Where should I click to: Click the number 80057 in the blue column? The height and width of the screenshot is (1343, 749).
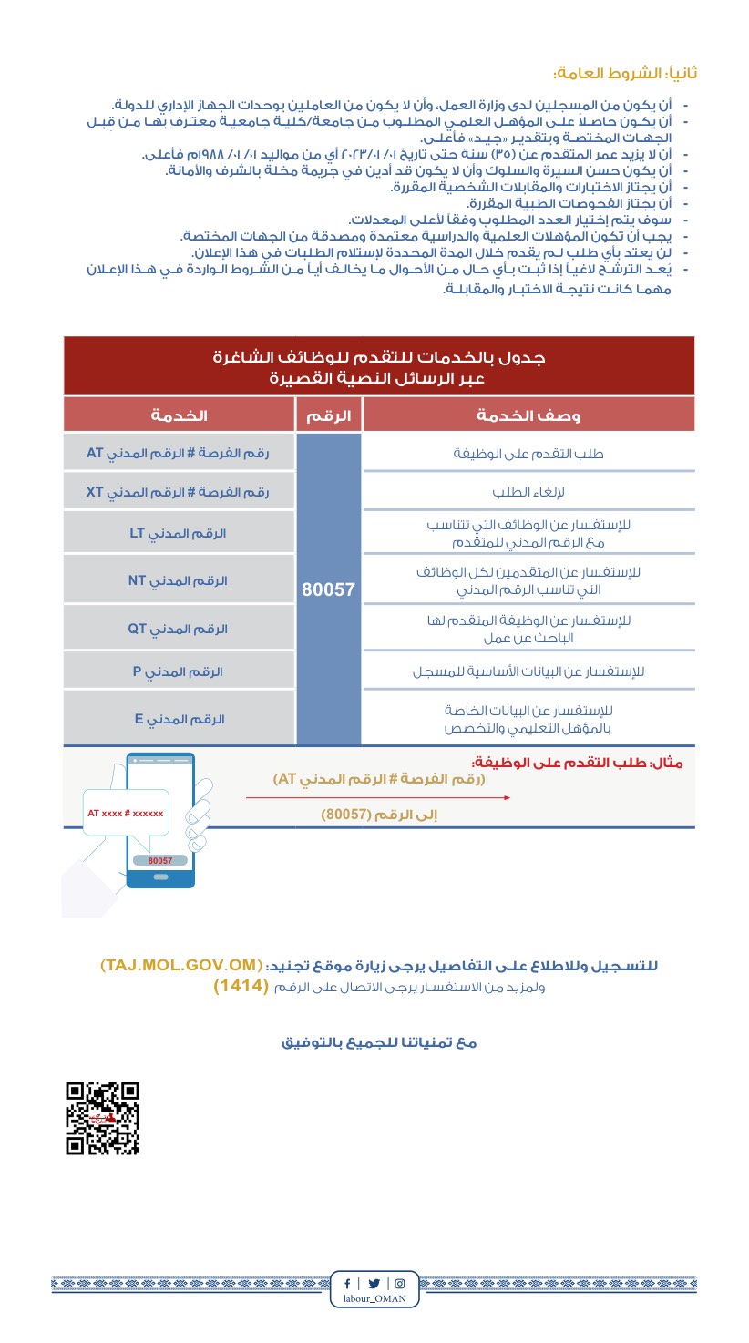[x=328, y=589]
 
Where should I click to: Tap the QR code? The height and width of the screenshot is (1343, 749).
[x=102, y=1118]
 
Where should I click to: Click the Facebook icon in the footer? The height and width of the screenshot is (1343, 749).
[x=346, y=1283]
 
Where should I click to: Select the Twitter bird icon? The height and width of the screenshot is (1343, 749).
[x=374, y=1283]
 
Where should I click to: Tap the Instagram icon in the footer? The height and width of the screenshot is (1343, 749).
[x=400, y=1283]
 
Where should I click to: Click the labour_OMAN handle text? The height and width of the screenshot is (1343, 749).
[x=374, y=1298]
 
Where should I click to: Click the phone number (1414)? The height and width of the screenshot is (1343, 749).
[x=241, y=987]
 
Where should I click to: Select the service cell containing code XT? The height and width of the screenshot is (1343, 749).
[x=179, y=492]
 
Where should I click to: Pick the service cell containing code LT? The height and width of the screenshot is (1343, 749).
[x=179, y=533]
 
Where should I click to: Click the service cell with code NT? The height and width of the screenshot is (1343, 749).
[x=179, y=580]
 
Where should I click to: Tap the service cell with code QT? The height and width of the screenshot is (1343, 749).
[x=179, y=629]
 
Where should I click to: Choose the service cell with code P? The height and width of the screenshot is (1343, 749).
[x=179, y=671]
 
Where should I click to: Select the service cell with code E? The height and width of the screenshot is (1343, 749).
[x=179, y=719]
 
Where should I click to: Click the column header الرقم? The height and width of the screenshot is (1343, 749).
[x=328, y=415]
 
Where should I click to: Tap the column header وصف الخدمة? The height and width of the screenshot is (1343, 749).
[x=528, y=415]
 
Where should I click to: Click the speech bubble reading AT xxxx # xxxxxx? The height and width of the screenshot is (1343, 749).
[x=126, y=813]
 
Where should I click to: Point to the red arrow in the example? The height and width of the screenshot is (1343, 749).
[x=377, y=797]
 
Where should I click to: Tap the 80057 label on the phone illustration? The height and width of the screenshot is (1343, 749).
[x=160, y=860]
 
